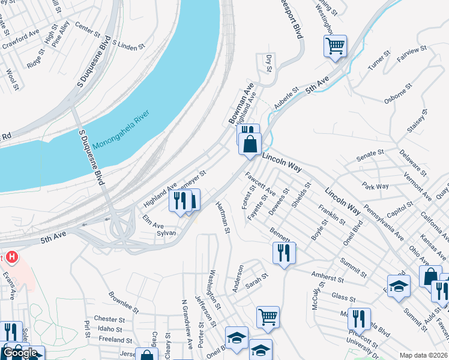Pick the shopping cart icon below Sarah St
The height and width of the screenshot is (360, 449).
click(x=267, y=316)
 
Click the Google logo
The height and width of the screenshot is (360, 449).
click(x=20, y=352)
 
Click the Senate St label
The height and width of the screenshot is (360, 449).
click(x=370, y=156)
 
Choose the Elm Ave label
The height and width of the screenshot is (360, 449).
click(x=152, y=221)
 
